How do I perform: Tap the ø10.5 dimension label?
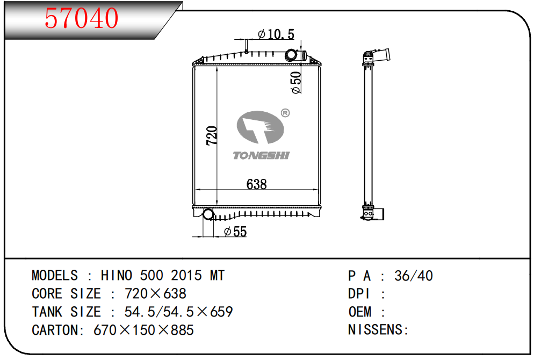(x=276, y=34)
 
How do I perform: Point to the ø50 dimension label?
(x=296, y=82)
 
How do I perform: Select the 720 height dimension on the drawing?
(x=212, y=135)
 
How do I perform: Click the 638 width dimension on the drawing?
(x=256, y=184)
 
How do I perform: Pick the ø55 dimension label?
(x=235, y=232)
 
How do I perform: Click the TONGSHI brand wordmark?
(x=261, y=156)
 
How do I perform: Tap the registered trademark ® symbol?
(x=285, y=113)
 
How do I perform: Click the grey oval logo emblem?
(x=260, y=127)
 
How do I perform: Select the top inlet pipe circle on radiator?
(x=291, y=54)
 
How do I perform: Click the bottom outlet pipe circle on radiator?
(x=208, y=214)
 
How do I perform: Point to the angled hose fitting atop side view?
(x=377, y=56)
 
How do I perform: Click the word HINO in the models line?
(x=117, y=275)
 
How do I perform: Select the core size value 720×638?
(x=156, y=293)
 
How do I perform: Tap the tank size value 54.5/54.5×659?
(x=179, y=312)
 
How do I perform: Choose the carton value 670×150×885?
(x=144, y=330)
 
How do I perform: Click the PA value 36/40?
(x=414, y=276)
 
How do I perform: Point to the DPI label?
(x=359, y=293)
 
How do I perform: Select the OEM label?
(x=359, y=312)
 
